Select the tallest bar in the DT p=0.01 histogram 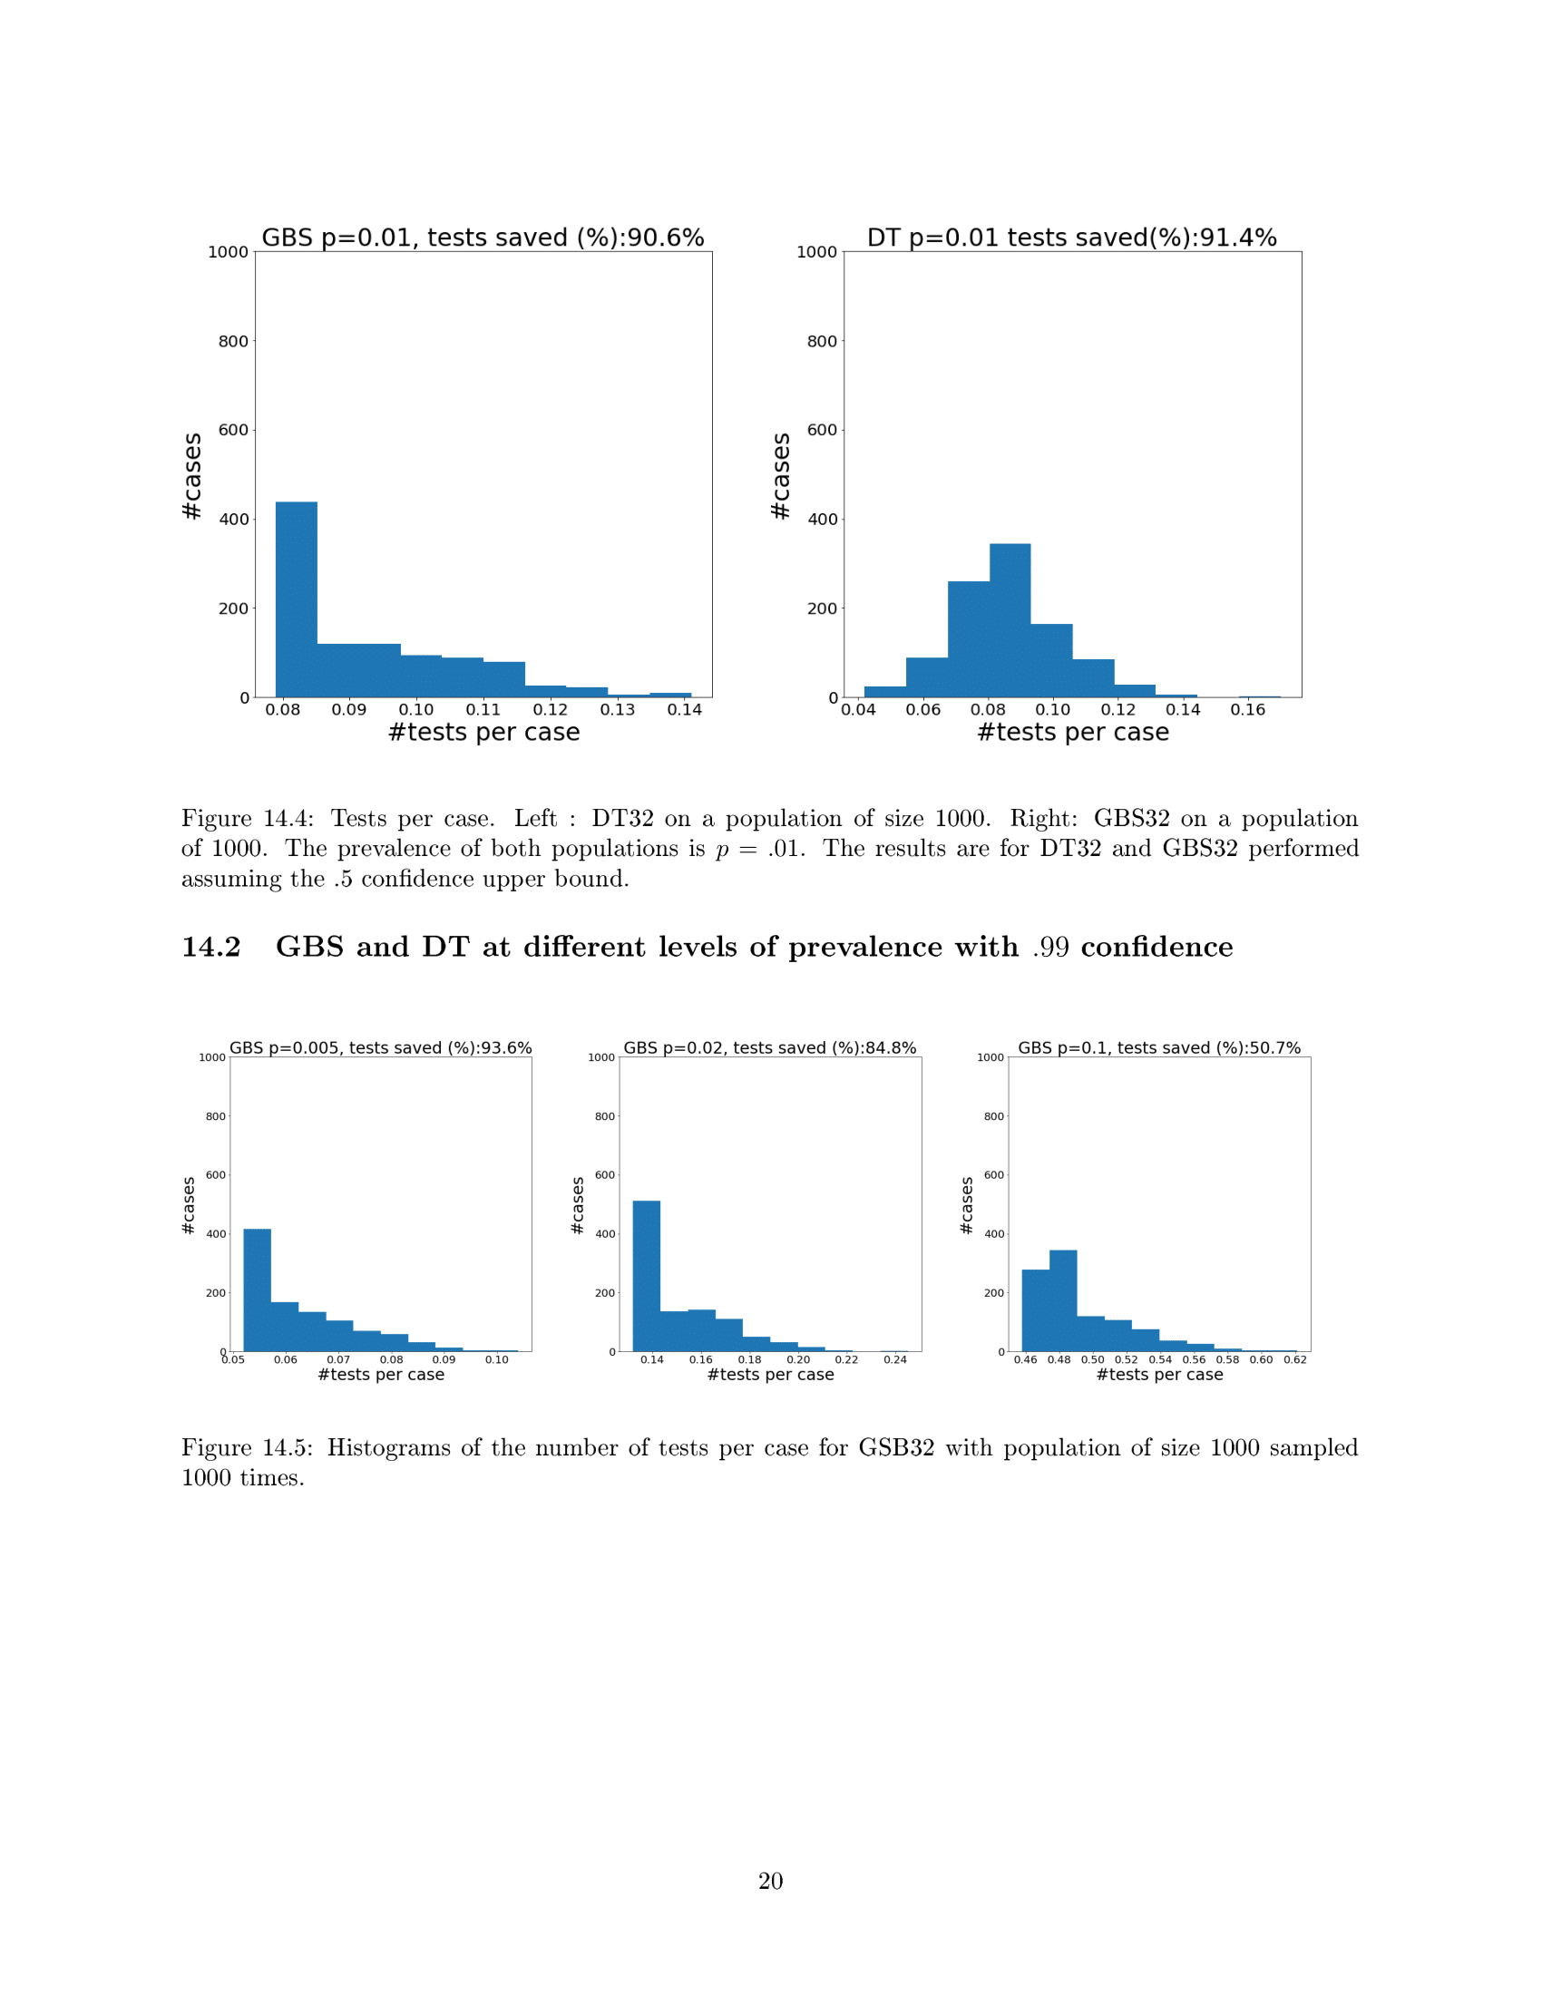pos(1010,620)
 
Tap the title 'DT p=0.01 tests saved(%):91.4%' pos(1071,238)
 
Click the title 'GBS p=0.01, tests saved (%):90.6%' pos(483,238)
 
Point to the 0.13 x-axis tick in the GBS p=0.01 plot pos(618,710)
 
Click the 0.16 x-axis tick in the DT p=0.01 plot pos(1247,710)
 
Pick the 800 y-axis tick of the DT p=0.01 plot pos(821,341)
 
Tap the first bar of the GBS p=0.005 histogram pos(257,1289)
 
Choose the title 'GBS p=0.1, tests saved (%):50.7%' pos(1158,1047)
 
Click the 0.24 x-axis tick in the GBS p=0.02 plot pos(894,1359)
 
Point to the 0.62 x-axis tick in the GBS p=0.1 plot pos(1294,1359)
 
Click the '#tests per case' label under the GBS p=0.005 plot pos(381,1375)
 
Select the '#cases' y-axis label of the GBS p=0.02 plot pos(577,1205)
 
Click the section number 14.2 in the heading pos(211,948)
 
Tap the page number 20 pos(770,1881)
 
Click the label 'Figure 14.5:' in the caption pos(247,1448)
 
